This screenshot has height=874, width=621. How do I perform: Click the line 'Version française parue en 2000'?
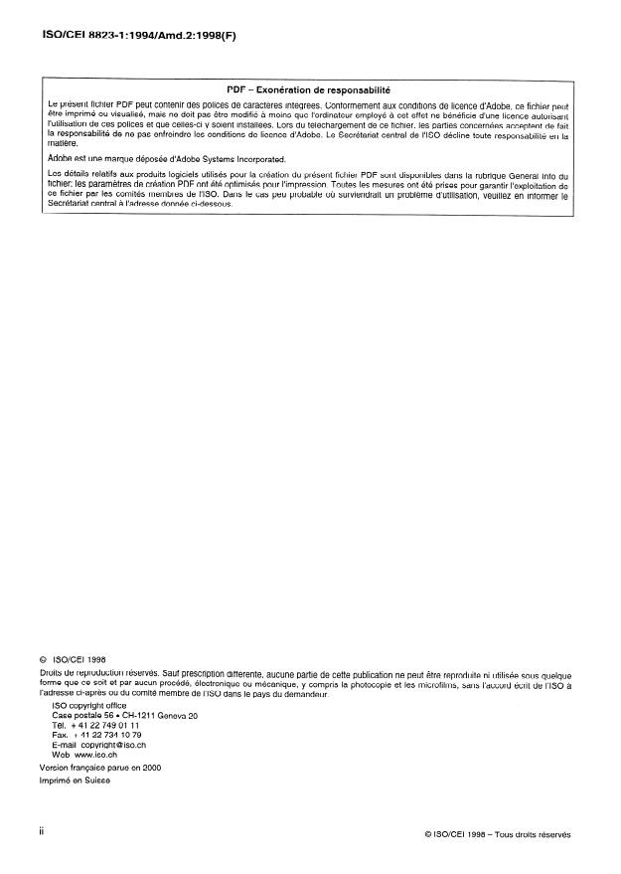(99, 768)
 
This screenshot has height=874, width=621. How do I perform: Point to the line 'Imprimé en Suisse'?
(76, 782)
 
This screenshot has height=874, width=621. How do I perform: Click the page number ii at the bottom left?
(42, 832)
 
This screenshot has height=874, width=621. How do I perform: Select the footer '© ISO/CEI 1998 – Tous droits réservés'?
(497, 835)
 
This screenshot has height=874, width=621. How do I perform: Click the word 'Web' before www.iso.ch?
(61, 756)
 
